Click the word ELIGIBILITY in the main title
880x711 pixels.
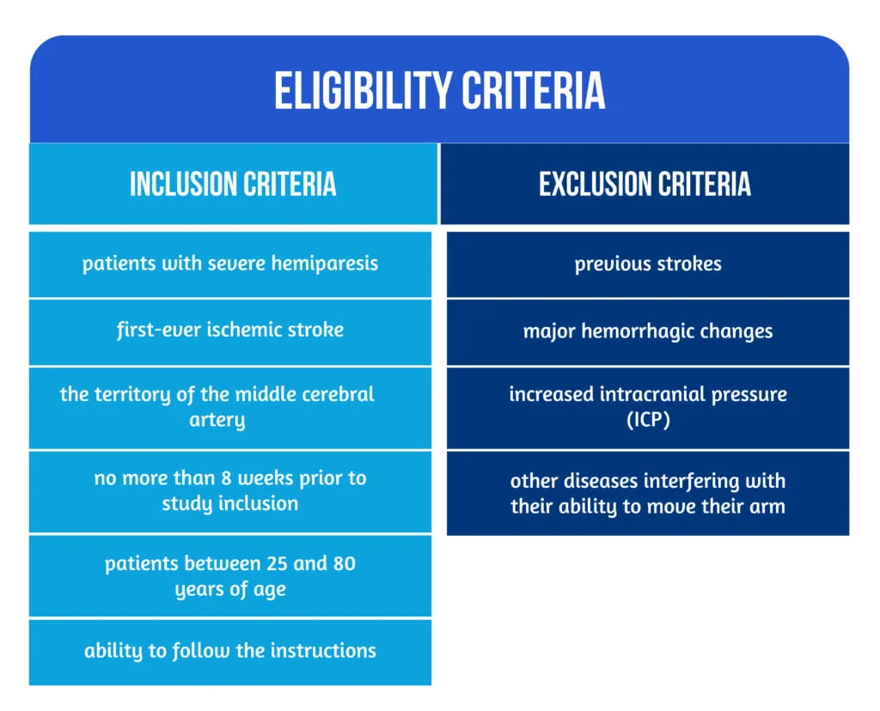point(363,90)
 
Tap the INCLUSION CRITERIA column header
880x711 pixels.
point(233,184)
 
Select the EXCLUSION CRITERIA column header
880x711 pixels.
point(645,184)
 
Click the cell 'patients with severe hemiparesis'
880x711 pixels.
point(230,264)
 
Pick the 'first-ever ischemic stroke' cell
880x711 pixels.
point(230,332)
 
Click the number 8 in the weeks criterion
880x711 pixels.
point(226,478)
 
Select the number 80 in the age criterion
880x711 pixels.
point(344,563)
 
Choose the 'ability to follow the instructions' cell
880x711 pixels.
point(230,652)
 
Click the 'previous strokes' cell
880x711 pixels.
point(648,264)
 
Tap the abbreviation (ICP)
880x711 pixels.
point(648,420)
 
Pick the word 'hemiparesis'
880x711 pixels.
point(325,264)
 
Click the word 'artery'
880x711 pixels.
point(217,421)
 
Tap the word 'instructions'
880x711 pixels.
point(323,651)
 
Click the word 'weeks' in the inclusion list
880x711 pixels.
point(266,478)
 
